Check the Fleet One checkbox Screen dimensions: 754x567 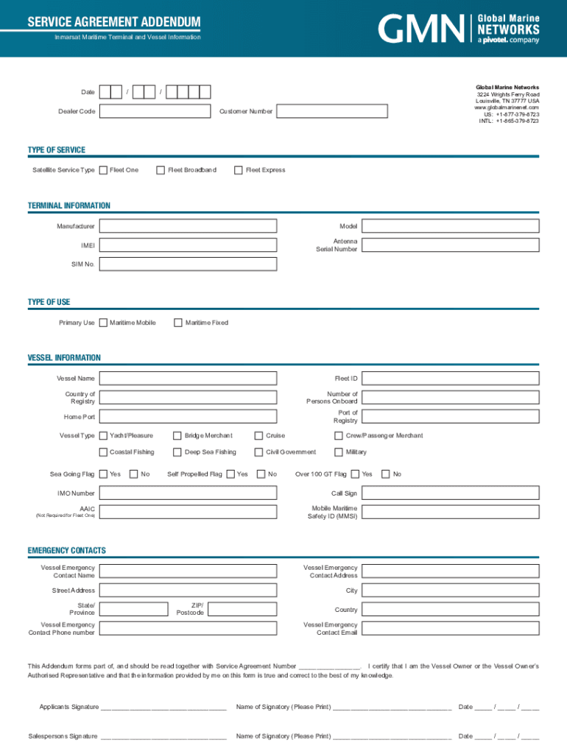click(x=103, y=170)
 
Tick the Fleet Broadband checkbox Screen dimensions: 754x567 click(x=161, y=170)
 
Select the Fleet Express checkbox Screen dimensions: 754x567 click(x=239, y=170)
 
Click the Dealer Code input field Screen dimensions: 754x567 click(x=155, y=111)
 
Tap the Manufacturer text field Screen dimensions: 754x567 click(x=188, y=226)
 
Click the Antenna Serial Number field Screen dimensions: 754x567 click(x=451, y=245)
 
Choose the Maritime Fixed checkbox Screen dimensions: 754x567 click(x=178, y=323)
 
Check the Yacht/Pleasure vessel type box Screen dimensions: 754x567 click(x=103, y=435)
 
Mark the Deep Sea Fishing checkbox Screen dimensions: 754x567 click(x=177, y=452)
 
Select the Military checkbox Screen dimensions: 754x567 click(x=339, y=452)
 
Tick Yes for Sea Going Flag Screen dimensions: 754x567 click(x=103, y=474)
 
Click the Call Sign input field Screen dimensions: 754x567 click(x=451, y=493)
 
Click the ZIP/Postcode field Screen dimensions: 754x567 click(x=242, y=609)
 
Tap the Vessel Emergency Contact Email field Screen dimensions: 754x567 click(x=451, y=628)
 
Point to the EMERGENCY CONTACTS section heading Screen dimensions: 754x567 click(x=67, y=551)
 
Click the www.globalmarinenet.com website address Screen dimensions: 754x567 click(x=507, y=108)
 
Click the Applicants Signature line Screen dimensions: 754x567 click(x=163, y=707)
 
